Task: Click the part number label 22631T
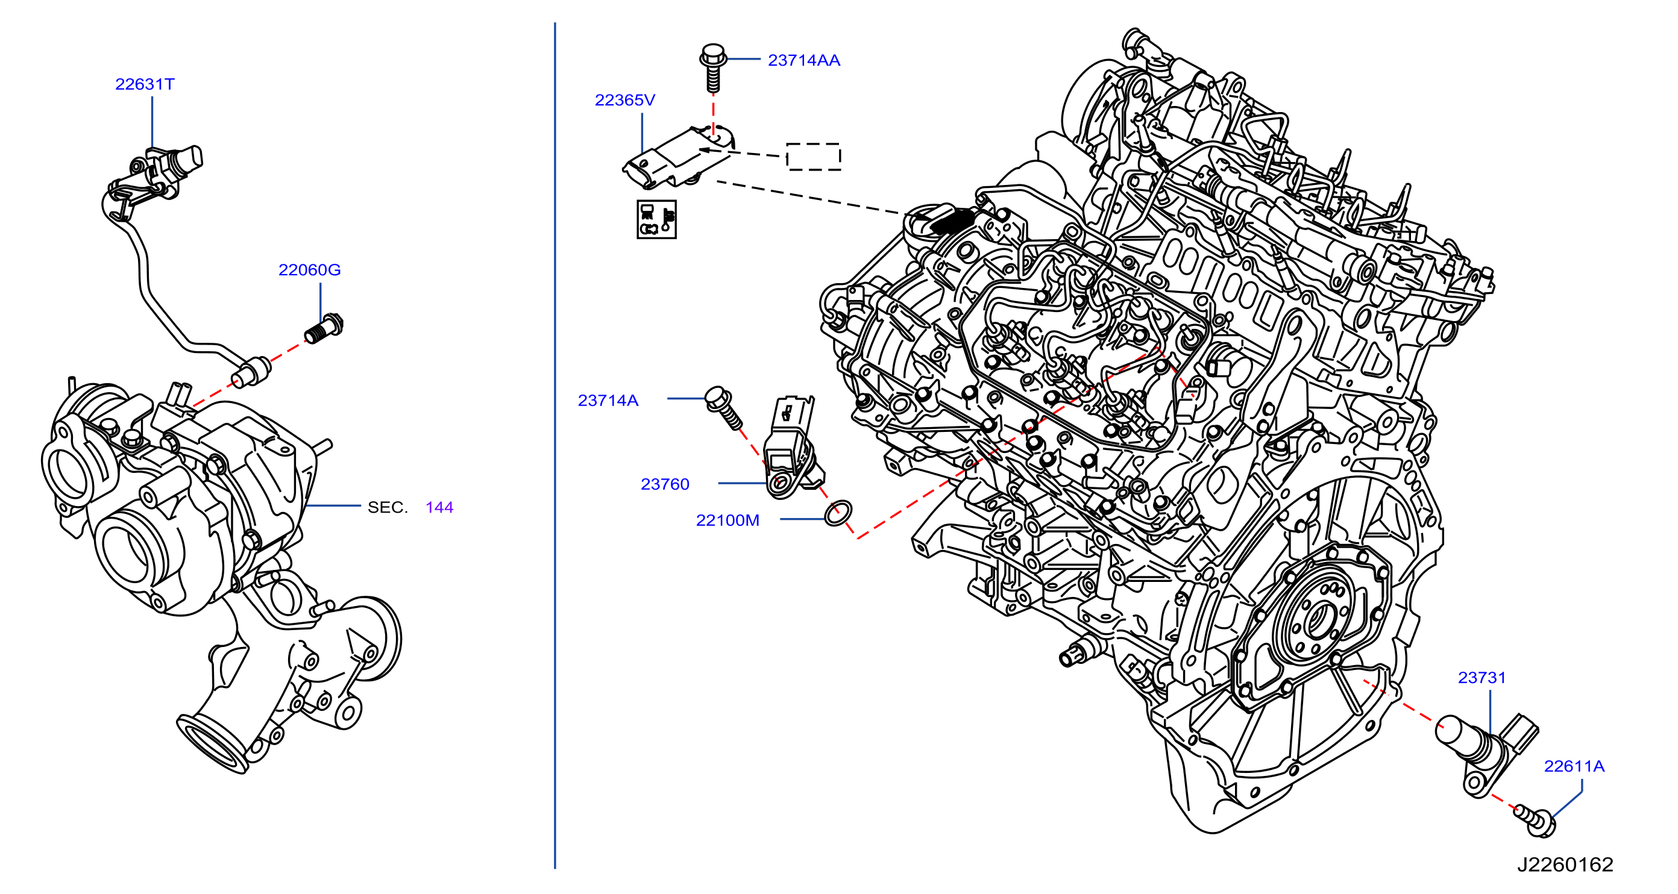pyautogui.click(x=145, y=84)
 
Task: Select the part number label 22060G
pyautogui.click(x=309, y=269)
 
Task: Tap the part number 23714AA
pyautogui.click(x=804, y=60)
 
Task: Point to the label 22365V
pyautogui.click(x=624, y=99)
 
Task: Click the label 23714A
pyautogui.click(x=608, y=401)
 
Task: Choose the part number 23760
pyautogui.click(x=664, y=484)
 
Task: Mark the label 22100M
pyautogui.click(x=727, y=520)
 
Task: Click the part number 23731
pyautogui.click(x=1482, y=678)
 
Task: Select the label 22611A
pyautogui.click(x=1574, y=766)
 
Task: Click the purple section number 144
pyautogui.click(x=439, y=507)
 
